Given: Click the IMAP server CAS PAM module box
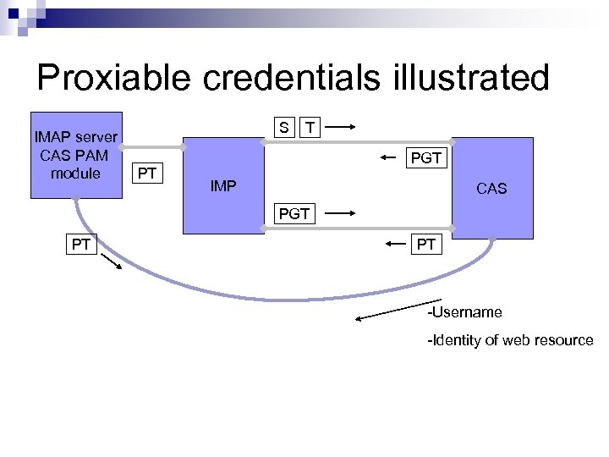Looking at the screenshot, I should pyautogui.click(x=76, y=156).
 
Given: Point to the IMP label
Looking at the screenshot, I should pyautogui.click(x=223, y=185).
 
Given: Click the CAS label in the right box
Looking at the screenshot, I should pyautogui.click(x=491, y=189).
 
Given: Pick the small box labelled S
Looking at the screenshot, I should pyautogui.click(x=285, y=128).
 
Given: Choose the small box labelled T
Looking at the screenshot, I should pyautogui.click(x=311, y=128).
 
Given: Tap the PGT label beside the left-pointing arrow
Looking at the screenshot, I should pyautogui.click(x=425, y=158).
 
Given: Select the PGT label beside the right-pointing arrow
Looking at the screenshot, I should pyautogui.click(x=294, y=215).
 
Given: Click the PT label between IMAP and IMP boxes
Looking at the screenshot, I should pyautogui.click(x=146, y=175).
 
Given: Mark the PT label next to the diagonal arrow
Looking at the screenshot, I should pyautogui.click(x=81, y=245).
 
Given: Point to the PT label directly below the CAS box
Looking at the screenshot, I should pyautogui.click(x=426, y=245).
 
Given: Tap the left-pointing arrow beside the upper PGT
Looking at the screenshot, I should pyautogui.click(x=387, y=157).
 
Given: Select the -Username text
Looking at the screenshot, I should pyautogui.click(x=464, y=312).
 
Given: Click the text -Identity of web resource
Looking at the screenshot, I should pyautogui.click(x=510, y=340).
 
